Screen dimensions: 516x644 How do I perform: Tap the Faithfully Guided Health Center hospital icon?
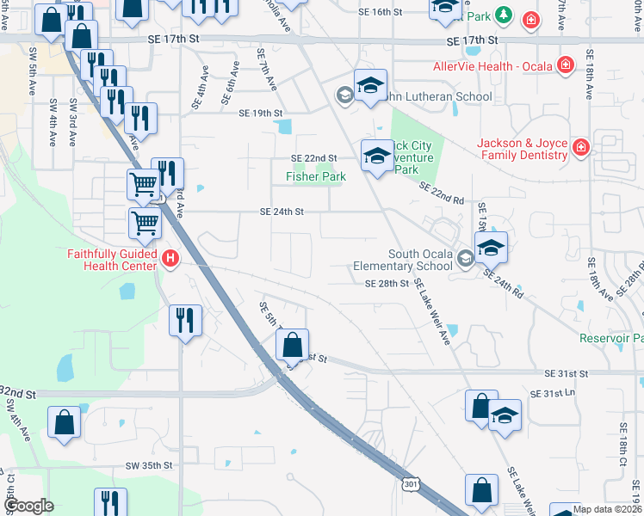coord(170,257)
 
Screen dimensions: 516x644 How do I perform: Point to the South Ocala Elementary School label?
coord(408,260)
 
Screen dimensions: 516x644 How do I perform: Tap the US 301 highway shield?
coord(410,486)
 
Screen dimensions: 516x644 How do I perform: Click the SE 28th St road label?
coord(386,284)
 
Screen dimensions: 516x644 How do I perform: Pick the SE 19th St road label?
coord(261,114)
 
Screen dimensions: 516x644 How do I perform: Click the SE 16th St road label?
coord(381,12)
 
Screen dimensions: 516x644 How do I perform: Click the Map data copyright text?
coord(606,509)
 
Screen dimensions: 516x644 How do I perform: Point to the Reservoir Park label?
coord(611,339)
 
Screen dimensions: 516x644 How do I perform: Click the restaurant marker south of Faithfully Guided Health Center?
coord(186,321)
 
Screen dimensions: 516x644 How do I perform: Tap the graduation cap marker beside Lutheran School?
coord(370,85)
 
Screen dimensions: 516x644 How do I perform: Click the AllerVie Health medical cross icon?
coord(566,64)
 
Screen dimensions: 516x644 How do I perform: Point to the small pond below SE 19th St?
coord(282,128)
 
